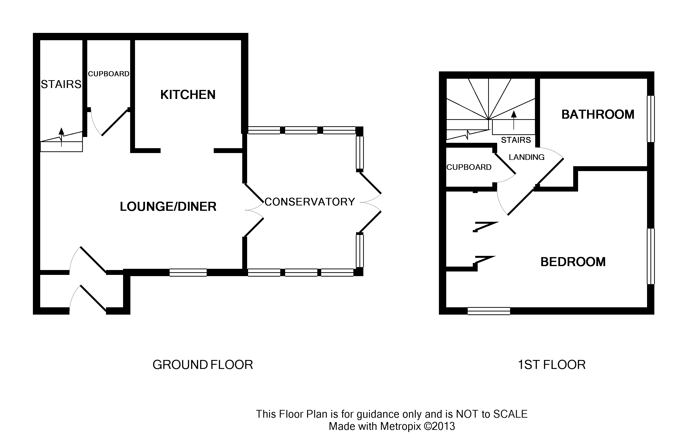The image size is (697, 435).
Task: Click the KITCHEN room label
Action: point(188,95)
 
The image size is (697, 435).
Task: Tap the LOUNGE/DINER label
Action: point(168,207)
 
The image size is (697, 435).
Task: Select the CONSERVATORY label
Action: point(310,202)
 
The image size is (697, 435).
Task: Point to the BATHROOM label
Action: point(598,115)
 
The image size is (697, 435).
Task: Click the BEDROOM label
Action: point(573,262)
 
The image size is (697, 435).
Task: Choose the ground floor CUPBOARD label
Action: point(108,74)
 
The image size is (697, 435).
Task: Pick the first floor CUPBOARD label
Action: point(469,167)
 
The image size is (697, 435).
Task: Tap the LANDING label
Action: point(526,157)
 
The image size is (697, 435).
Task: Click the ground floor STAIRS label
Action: point(61,84)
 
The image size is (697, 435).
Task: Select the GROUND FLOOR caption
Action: point(203,365)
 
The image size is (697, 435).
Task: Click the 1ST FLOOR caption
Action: point(552,365)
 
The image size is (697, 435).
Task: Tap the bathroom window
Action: point(651,119)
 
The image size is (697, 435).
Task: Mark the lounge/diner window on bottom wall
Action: point(188,272)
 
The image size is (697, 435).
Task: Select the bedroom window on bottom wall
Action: point(489,311)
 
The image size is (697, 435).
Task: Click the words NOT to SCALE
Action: point(492,414)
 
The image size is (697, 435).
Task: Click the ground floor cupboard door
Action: point(115,123)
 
